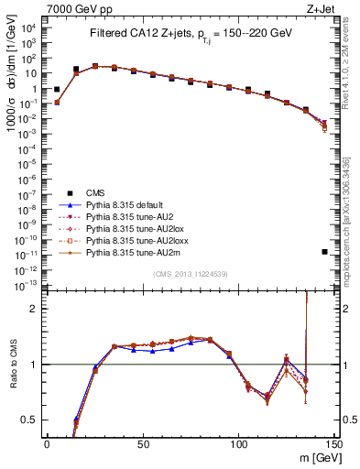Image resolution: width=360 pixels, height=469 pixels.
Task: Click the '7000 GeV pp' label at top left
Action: coord(74,8)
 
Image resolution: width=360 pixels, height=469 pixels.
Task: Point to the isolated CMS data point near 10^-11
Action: coord(325,252)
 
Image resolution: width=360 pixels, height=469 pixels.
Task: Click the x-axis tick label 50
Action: coord(142,443)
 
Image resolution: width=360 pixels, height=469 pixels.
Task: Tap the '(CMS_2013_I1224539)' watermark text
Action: coord(190,273)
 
